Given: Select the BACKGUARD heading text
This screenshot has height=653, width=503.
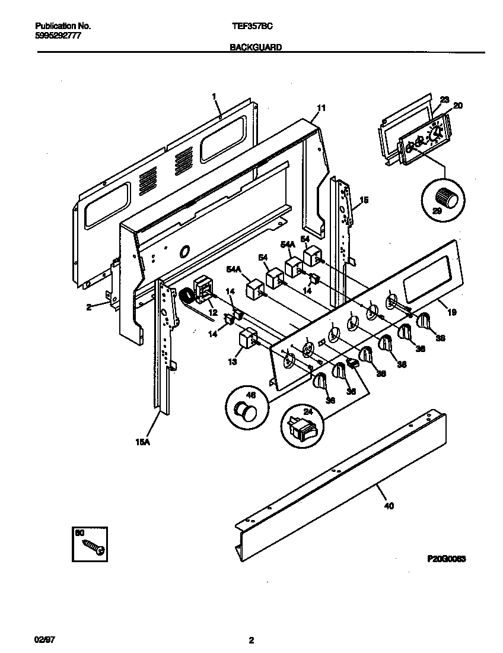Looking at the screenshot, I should [255, 47].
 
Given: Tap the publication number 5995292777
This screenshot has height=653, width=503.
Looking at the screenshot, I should [58, 36].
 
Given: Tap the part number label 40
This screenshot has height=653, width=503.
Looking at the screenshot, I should [389, 506].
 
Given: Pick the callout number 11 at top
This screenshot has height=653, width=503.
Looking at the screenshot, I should [321, 108].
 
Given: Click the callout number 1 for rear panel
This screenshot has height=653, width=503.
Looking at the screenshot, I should [214, 95].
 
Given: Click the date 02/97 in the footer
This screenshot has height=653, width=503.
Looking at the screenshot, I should [44, 640].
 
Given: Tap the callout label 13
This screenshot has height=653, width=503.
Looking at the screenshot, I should [233, 361].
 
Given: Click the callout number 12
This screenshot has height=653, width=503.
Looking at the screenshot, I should [212, 312].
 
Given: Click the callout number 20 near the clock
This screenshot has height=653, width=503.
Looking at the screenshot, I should [457, 105].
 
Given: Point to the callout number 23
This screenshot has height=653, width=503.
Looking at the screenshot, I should [444, 100].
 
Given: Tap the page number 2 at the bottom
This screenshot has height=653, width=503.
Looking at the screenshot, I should [251, 640].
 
